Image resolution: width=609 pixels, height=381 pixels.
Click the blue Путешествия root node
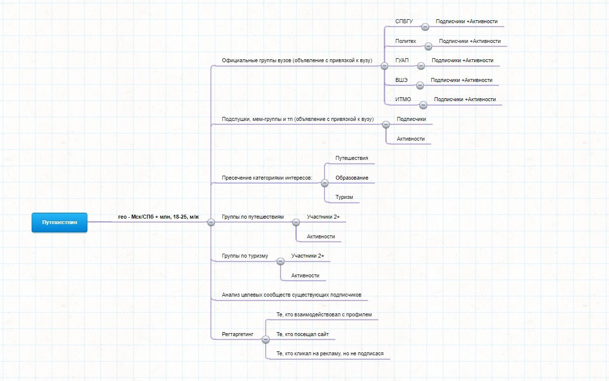59,222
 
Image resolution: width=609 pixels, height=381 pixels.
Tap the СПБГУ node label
404,22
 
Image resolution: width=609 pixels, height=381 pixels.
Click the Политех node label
406,41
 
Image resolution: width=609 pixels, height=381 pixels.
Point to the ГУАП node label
402,60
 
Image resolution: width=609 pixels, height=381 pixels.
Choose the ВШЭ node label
402,80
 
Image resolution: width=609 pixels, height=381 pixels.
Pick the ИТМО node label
403,99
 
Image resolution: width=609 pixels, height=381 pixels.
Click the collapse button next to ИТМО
423,105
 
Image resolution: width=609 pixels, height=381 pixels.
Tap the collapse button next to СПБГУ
425,27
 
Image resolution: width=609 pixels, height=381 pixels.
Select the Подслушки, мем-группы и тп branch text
298,119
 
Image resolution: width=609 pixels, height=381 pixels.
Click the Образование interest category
352,178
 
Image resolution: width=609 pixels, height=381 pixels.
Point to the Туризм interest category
344,197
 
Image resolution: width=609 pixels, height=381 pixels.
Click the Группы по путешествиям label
253,217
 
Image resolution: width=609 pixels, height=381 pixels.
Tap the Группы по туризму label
245,256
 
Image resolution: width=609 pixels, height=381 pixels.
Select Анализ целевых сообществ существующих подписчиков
291,295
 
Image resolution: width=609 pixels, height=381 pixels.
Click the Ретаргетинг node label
238,334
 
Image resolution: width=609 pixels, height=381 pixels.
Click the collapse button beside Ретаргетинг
266,340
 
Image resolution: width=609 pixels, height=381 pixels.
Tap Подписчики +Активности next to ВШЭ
461,80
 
